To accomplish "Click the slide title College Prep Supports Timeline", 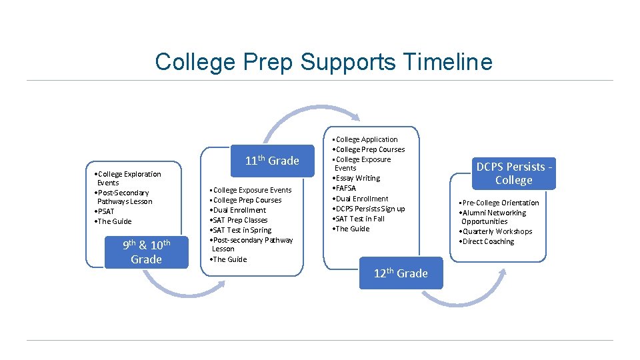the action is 323,62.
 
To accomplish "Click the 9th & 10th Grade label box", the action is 146,252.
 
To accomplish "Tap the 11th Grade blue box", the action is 272,161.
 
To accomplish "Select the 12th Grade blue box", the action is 401,273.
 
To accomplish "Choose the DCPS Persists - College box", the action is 513,173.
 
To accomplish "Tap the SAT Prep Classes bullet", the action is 239,220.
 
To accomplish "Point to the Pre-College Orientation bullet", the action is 500,203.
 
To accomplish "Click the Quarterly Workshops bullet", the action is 497,231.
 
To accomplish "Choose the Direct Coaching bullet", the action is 487,241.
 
